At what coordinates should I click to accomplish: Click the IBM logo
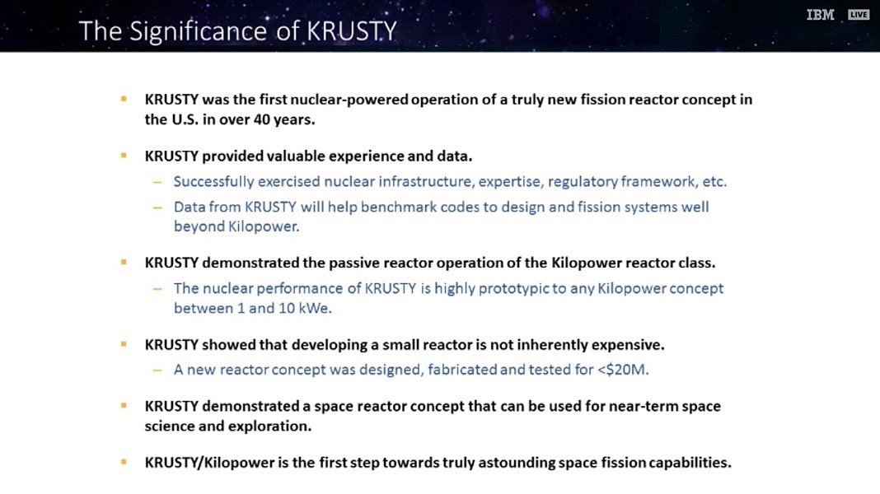click(820, 15)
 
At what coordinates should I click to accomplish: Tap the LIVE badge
click(859, 15)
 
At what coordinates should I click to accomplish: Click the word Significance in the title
click(198, 31)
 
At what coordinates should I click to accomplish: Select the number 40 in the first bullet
click(262, 119)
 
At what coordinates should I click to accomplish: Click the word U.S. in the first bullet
click(185, 119)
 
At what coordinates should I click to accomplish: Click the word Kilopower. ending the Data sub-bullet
click(264, 226)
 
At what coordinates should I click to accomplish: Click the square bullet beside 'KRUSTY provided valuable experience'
click(124, 156)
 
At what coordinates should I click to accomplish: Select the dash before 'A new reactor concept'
click(157, 370)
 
